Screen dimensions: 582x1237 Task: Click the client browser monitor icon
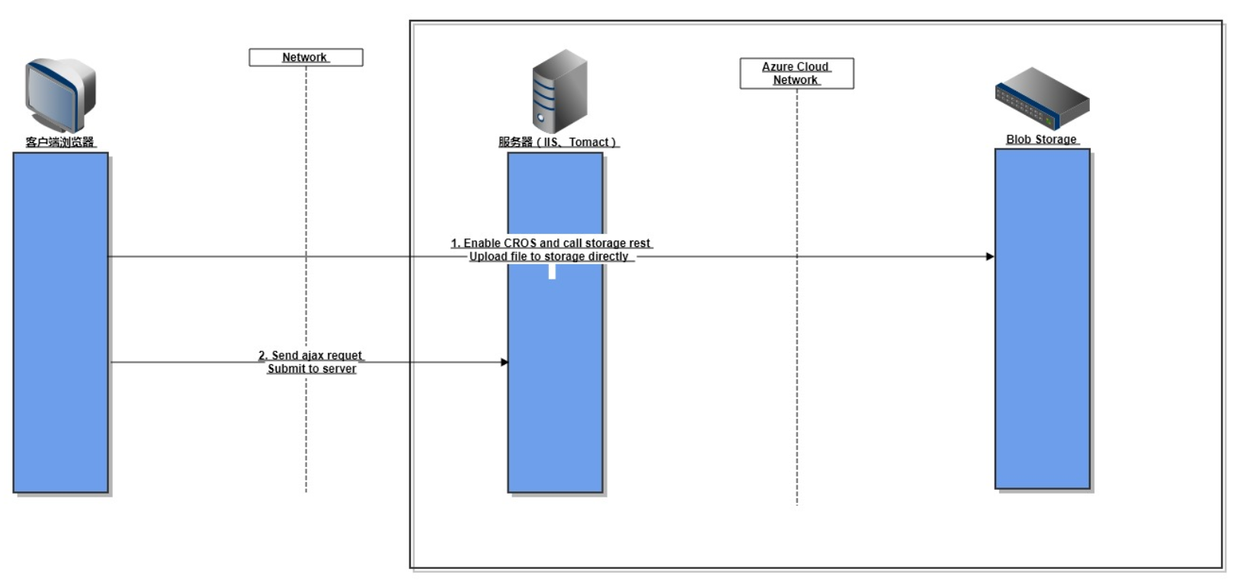60,94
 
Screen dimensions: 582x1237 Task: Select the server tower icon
559,91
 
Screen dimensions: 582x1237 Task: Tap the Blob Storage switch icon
1042,98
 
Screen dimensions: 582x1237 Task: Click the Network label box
306,57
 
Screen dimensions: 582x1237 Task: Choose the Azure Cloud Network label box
796,73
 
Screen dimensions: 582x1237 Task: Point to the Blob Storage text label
1041,139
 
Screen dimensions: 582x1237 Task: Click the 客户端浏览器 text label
60,142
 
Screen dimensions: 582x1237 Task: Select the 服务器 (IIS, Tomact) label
558,142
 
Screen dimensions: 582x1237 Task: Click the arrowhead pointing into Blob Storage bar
990,257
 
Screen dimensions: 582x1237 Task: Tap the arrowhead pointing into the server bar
504,362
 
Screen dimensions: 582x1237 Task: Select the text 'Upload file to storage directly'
549,257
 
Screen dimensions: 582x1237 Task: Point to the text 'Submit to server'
312,369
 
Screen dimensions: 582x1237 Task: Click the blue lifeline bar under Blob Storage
1042,343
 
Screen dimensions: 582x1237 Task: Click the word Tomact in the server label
589,142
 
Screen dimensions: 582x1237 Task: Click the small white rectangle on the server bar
552,271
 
